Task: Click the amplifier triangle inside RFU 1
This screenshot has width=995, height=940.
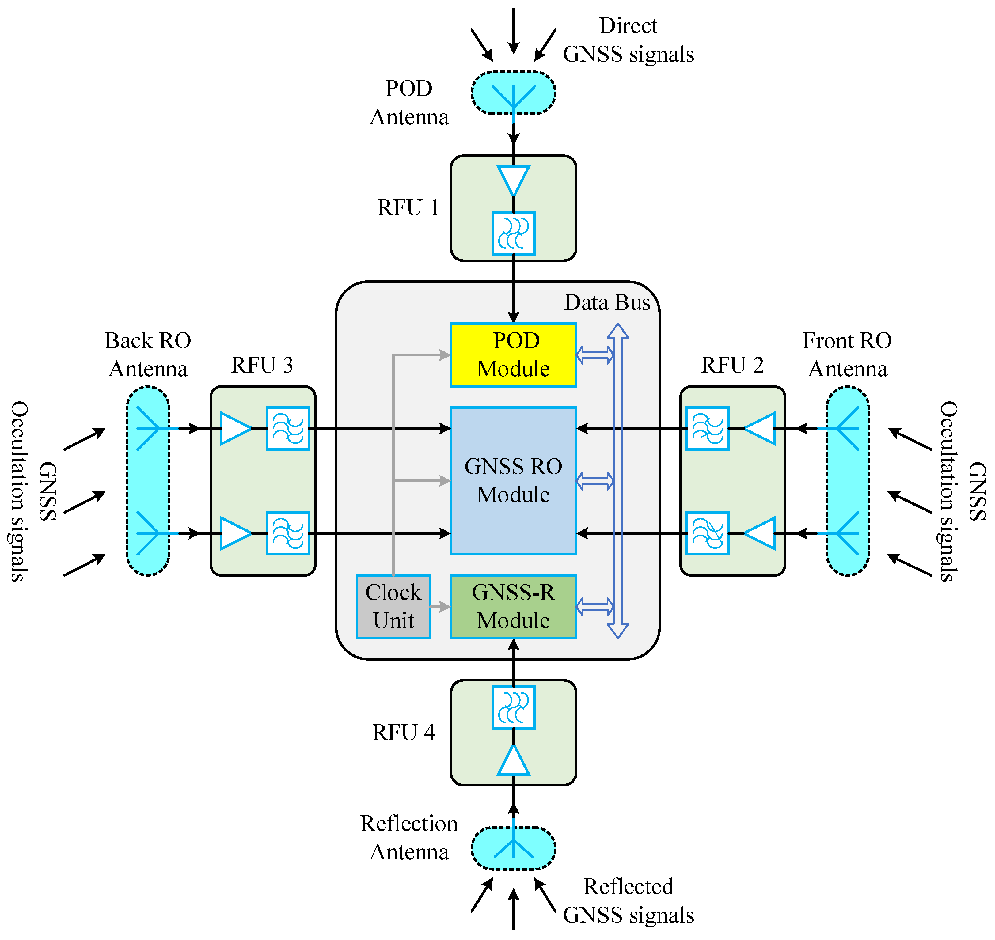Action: click(x=513, y=179)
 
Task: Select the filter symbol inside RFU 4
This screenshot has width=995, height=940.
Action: click(x=513, y=707)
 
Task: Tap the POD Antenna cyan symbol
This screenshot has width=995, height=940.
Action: click(x=513, y=93)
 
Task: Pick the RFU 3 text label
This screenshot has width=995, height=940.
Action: click(x=262, y=365)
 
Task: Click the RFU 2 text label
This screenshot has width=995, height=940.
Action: click(x=732, y=365)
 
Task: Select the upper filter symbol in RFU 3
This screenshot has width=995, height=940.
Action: click(x=288, y=428)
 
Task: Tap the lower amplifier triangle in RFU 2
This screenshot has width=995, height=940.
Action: click(x=761, y=533)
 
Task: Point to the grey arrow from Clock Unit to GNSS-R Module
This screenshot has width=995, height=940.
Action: click(x=440, y=606)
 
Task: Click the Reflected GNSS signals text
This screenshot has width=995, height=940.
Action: click(x=628, y=900)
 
